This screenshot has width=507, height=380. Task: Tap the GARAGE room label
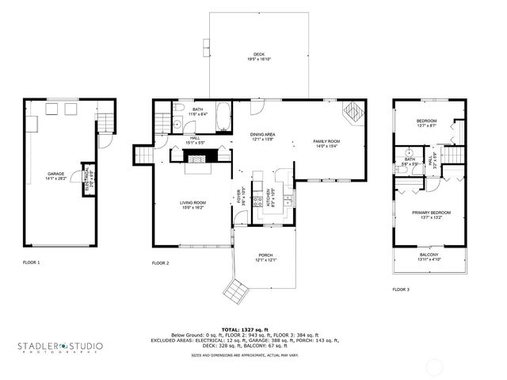(x=55, y=177)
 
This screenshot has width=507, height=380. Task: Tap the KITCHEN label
(x=270, y=194)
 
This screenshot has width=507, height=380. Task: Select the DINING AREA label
(x=262, y=136)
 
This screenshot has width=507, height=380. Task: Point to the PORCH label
(x=265, y=258)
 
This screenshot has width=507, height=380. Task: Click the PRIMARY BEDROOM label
(x=431, y=214)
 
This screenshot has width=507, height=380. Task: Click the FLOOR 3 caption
(x=401, y=290)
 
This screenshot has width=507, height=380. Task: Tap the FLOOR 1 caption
(x=32, y=262)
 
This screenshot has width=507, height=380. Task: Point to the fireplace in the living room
(x=199, y=158)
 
